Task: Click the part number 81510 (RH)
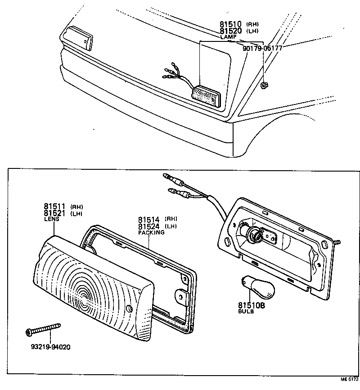pos(230,24)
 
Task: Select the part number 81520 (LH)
pos(230,31)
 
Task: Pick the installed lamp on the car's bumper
pos(206,96)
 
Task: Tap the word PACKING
pos(151,233)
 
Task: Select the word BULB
pos(246,312)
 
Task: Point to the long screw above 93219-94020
pos(43,330)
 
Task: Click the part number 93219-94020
pos(50,347)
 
